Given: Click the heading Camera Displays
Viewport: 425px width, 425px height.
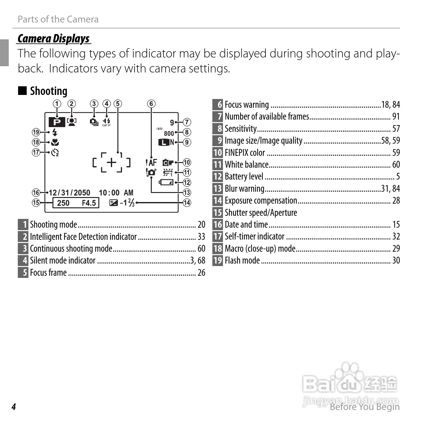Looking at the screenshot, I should click(x=53, y=39).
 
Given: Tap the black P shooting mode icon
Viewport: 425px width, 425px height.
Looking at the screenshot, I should click(x=57, y=122).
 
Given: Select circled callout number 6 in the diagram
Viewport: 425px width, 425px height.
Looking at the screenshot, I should click(x=151, y=104).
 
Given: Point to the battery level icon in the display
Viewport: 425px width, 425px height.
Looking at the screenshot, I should click(x=166, y=182).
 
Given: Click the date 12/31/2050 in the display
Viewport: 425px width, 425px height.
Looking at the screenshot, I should click(x=69, y=193).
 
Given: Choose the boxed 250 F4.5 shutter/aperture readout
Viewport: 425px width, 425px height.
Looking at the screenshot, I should click(x=76, y=203).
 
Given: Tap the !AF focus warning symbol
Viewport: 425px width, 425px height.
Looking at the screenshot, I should click(x=151, y=162).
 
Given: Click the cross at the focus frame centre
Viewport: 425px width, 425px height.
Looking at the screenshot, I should click(x=111, y=162).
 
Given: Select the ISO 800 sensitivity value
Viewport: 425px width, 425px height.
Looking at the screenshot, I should click(x=169, y=133).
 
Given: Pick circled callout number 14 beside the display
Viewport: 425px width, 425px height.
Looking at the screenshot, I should click(x=187, y=203).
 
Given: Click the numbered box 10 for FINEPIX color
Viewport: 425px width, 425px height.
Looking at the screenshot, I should click(x=217, y=153).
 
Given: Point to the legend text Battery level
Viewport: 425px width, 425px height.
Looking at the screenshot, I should click(x=244, y=177).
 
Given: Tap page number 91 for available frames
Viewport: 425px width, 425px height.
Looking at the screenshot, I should click(x=396, y=116).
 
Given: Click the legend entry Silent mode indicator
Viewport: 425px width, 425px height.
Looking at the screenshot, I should click(x=62, y=260).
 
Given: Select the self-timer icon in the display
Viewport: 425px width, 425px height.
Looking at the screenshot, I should click(x=55, y=153).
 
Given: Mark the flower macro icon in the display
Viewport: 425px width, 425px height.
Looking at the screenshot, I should click(x=55, y=142).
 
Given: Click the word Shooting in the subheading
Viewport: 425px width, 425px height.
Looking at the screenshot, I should click(x=48, y=91).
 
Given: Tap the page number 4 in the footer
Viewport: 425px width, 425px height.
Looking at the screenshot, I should click(x=14, y=407).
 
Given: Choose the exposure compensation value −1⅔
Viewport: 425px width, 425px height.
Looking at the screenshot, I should click(x=127, y=203).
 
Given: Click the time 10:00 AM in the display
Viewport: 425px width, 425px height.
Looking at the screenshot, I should click(x=116, y=193).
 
